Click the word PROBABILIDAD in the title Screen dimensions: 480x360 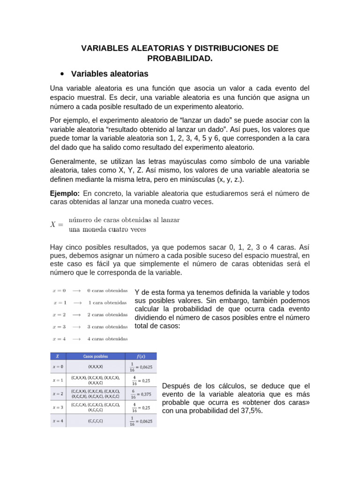pos(180,59)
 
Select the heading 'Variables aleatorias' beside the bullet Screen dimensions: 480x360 pos(109,74)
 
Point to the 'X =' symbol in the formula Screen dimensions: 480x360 pos(56,225)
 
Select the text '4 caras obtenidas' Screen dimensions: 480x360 pos(107,338)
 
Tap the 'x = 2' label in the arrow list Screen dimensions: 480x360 pos(59,315)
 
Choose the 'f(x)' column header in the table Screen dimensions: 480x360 pos(140,357)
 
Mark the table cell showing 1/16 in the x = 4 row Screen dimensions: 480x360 pos(140,421)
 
